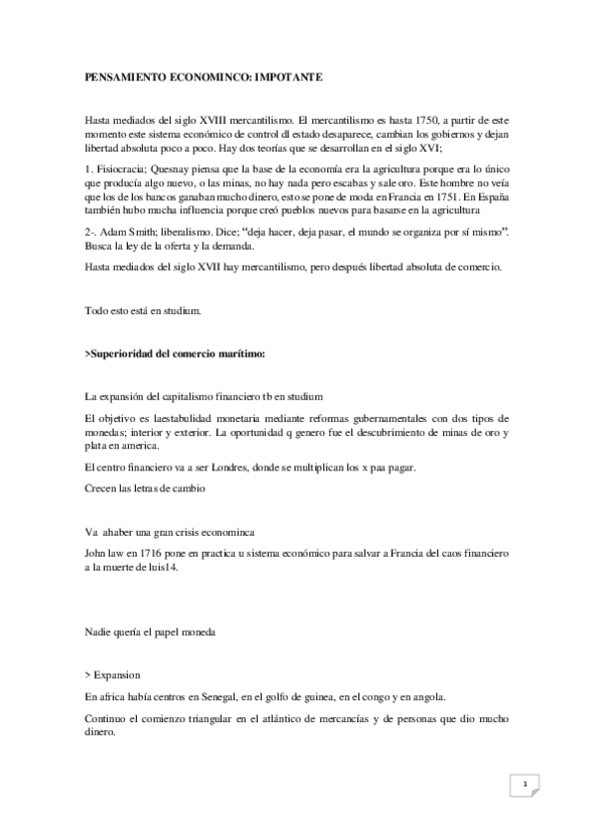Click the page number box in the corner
[525, 786]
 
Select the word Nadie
[100, 631]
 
